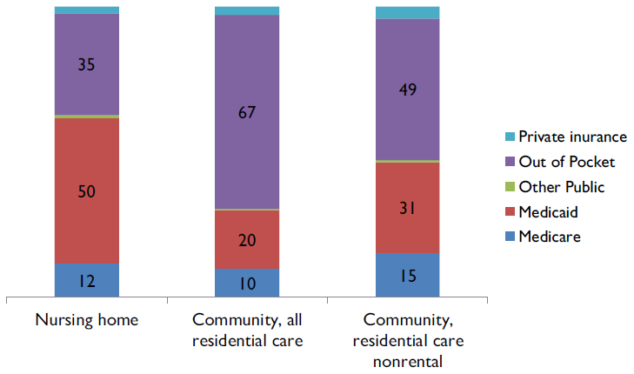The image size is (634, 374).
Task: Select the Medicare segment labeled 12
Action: [x=87, y=280]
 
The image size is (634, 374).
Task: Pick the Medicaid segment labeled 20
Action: [x=247, y=239]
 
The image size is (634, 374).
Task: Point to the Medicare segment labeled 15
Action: [x=407, y=275]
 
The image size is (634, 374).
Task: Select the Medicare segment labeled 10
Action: [x=247, y=283]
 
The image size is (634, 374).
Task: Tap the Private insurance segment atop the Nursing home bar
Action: [x=87, y=10]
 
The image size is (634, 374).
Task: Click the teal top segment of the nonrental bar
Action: [x=407, y=12]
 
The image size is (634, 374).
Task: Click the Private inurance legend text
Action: [x=572, y=137]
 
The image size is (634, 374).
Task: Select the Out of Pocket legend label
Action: [x=566, y=162]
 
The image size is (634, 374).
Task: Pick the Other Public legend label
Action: [x=561, y=186]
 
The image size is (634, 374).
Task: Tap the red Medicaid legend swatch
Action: [x=510, y=211]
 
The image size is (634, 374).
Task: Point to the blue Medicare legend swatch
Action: [x=510, y=237]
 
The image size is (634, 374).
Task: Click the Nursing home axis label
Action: [x=87, y=319]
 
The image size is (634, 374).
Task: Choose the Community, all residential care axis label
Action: [x=247, y=330]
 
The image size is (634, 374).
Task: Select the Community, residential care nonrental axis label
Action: [x=407, y=340]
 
